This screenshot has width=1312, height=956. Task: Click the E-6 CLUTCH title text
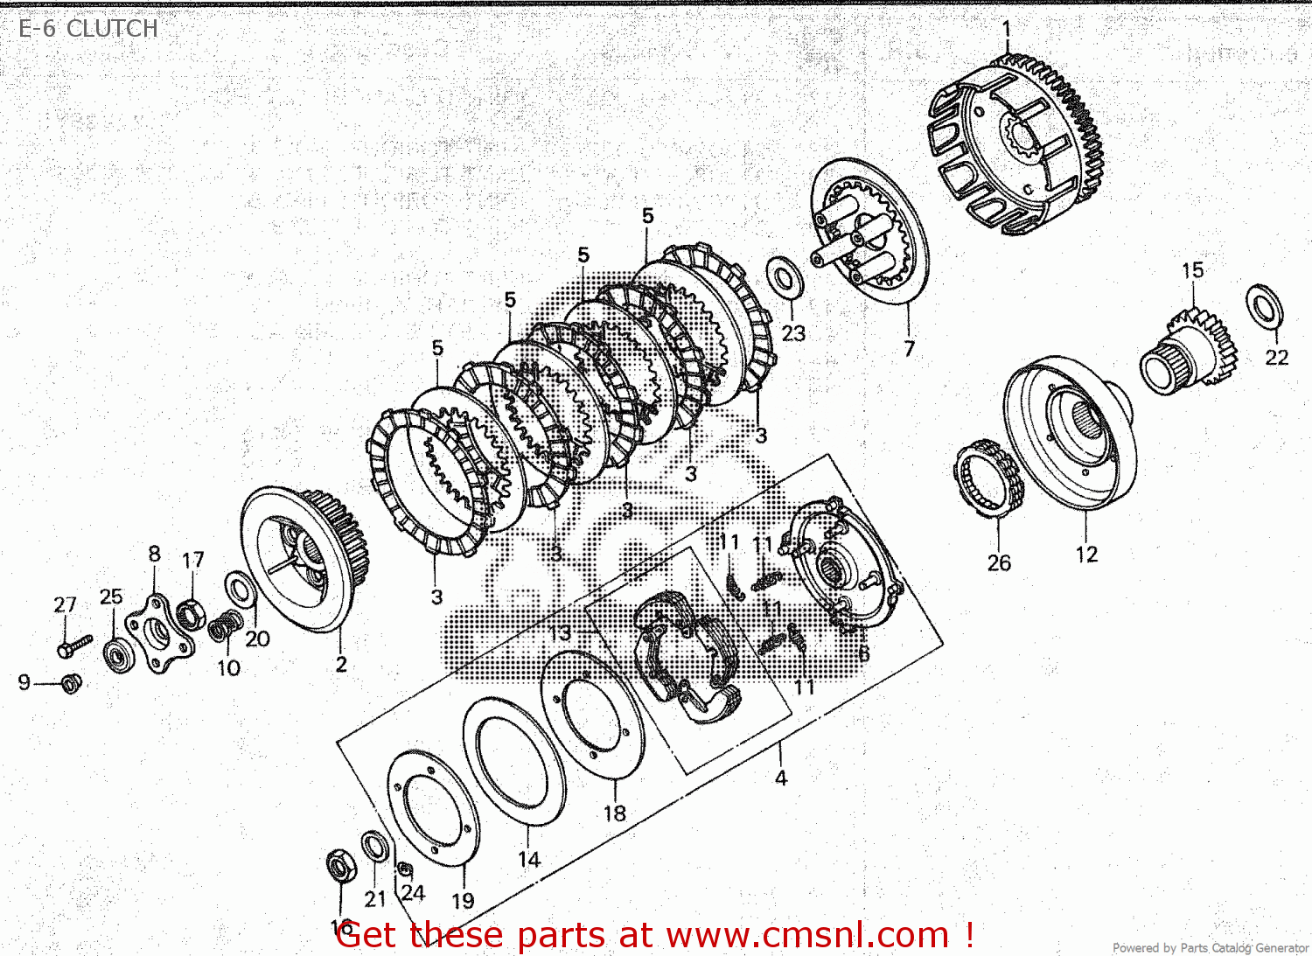[87, 29]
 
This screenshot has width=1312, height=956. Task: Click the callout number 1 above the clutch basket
[1006, 29]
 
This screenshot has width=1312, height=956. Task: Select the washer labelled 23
[785, 277]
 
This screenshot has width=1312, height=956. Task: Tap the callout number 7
[909, 349]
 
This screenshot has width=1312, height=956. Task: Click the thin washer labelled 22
[1264, 306]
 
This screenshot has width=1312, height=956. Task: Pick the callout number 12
[1086, 555]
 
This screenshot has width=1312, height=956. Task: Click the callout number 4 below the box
[780, 778]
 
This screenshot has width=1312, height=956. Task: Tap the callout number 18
[615, 813]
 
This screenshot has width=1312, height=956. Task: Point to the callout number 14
[529, 860]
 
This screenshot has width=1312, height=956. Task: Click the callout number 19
[463, 900]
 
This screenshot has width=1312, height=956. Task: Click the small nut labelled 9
[72, 683]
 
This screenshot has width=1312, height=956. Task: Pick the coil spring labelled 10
[225, 625]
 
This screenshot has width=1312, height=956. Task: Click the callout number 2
[341, 665]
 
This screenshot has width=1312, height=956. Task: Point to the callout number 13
[560, 632]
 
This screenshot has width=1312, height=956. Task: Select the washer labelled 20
[240, 590]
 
